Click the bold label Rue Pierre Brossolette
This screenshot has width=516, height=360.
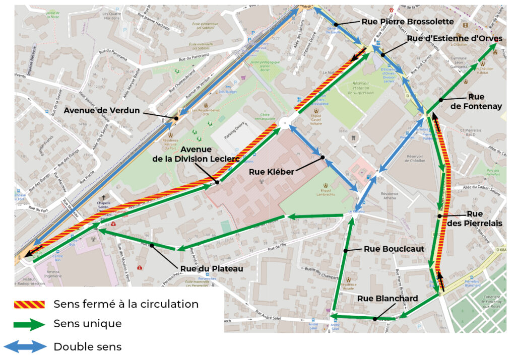[x=408, y=22]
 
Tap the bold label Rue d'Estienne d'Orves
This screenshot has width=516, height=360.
[x=455, y=39]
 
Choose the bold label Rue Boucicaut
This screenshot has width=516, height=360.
[x=394, y=249]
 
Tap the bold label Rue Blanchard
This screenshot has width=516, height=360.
[x=388, y=299]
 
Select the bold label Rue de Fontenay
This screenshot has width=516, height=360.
[x=476, y=101]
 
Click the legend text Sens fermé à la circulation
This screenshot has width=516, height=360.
[x=126, y=304]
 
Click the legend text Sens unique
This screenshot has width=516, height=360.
[x=87, y=324]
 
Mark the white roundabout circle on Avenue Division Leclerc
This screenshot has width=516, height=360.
[x=286, y=121]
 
